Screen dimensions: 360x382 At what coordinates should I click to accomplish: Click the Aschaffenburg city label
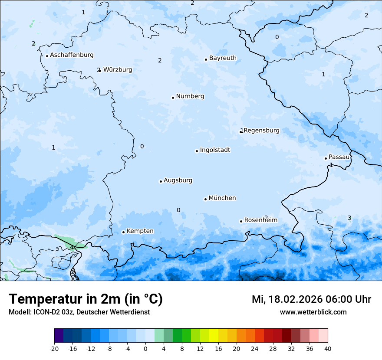click(72, 55)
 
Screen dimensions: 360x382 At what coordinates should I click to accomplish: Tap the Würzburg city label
click(118, 70)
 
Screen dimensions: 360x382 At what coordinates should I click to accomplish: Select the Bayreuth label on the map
click(223, 58)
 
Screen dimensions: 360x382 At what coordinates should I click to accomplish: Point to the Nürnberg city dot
click(173, 98)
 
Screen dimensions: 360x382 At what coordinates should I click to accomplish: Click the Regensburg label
click(261, 131)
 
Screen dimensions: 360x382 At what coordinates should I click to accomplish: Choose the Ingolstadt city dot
click(197, 151)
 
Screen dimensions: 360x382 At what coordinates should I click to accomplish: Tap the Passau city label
click(339, 157)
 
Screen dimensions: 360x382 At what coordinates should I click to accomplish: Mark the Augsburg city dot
click(161, 181)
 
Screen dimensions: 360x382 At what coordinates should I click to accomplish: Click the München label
click(222, 198)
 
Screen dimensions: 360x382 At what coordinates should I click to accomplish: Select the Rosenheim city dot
click(241, 221)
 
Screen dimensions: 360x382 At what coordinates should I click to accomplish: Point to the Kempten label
click(140, 231)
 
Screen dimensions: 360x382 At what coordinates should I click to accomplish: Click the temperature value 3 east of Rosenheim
click(349, 218)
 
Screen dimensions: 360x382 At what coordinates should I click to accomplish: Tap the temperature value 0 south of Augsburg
click(178, 210)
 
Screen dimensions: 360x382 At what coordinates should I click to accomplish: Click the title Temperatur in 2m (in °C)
click(86, 299)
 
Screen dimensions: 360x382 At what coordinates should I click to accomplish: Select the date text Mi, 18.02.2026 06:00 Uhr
click(311, 299)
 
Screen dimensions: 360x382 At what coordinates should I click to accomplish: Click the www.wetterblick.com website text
click(313, 312)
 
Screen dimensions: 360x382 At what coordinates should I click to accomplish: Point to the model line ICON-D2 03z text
click(79, 312)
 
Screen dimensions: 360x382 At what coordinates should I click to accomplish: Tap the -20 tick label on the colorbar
click(54, 348)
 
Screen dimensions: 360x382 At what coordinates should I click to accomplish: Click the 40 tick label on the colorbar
click(328, 348)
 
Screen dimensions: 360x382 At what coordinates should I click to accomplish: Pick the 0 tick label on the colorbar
click(145, 348)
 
